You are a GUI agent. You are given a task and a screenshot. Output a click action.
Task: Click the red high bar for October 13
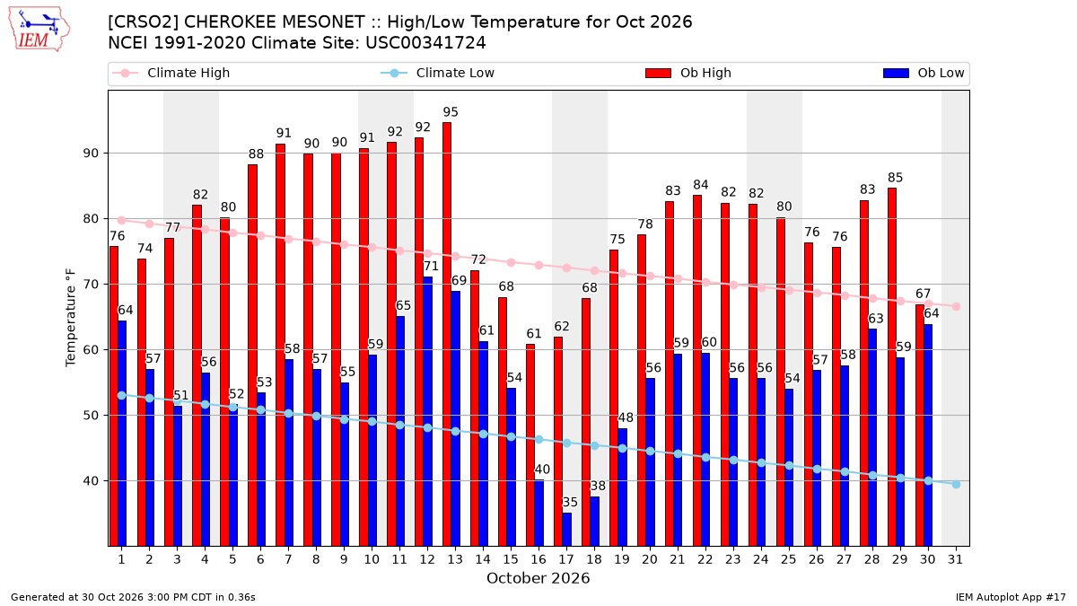tap(447, 334)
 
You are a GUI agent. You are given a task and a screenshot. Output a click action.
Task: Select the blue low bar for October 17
tap(567, 530)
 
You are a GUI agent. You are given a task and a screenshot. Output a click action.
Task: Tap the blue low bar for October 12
tap(427, 412)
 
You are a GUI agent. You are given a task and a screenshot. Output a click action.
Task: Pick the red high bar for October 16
tap(530, 445)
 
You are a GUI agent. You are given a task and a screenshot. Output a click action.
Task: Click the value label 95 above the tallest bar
tap(451, 112)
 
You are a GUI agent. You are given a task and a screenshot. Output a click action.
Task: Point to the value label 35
tap(570, 502)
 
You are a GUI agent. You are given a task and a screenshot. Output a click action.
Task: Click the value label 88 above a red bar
tap(257, 154)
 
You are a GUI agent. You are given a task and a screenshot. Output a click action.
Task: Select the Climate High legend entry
tap(171, 73)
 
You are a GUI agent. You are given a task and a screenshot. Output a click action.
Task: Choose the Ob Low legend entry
tap(924, 73)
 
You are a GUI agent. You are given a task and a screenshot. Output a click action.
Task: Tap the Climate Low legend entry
tap(438, 73)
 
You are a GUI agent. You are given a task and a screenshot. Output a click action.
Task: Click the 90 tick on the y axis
tap(91, 154)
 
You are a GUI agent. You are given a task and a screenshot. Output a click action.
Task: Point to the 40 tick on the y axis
tap(91, 481)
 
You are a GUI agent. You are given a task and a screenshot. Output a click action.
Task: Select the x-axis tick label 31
tap(955, 559)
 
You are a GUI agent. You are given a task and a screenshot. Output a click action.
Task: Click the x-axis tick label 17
tap(566, 559)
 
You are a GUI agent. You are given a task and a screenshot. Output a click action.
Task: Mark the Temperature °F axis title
tap(71, 318)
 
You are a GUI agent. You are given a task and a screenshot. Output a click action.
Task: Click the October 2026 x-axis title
tap(538, 578)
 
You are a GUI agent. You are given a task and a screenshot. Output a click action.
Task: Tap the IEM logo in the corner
tap(39, 30)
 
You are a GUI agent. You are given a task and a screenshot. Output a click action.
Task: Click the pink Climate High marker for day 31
tap(956, 306)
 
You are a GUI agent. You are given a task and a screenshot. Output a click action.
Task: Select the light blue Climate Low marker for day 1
tap(122, 395)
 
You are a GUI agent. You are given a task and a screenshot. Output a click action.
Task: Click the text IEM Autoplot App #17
tap(1011, 597)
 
